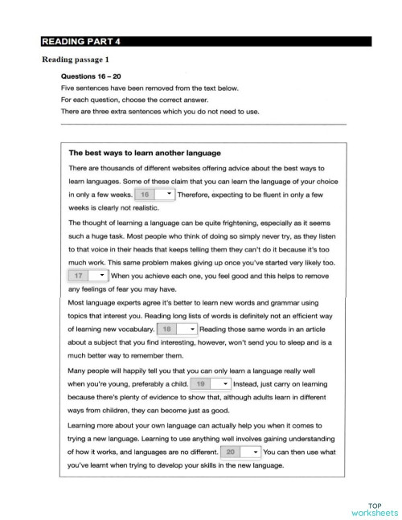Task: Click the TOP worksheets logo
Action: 374,507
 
